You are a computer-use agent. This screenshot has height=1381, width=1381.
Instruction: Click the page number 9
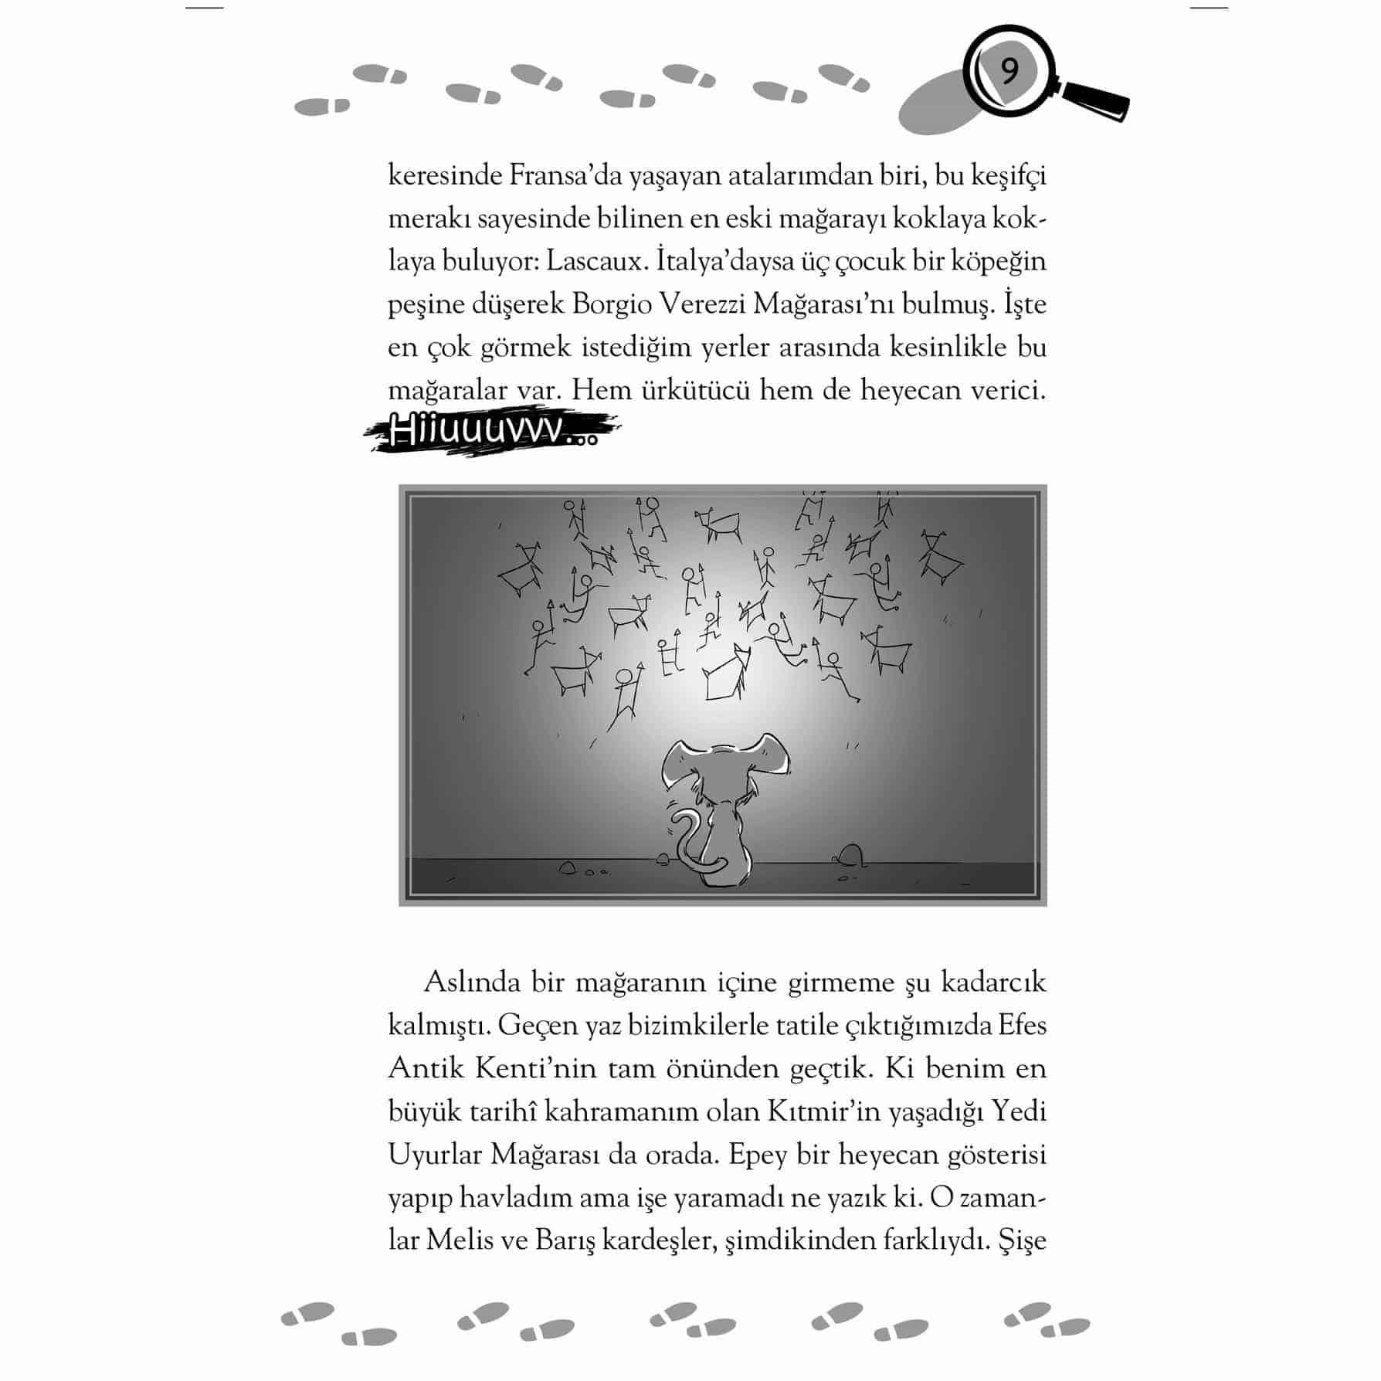(x=1009, y=72)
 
